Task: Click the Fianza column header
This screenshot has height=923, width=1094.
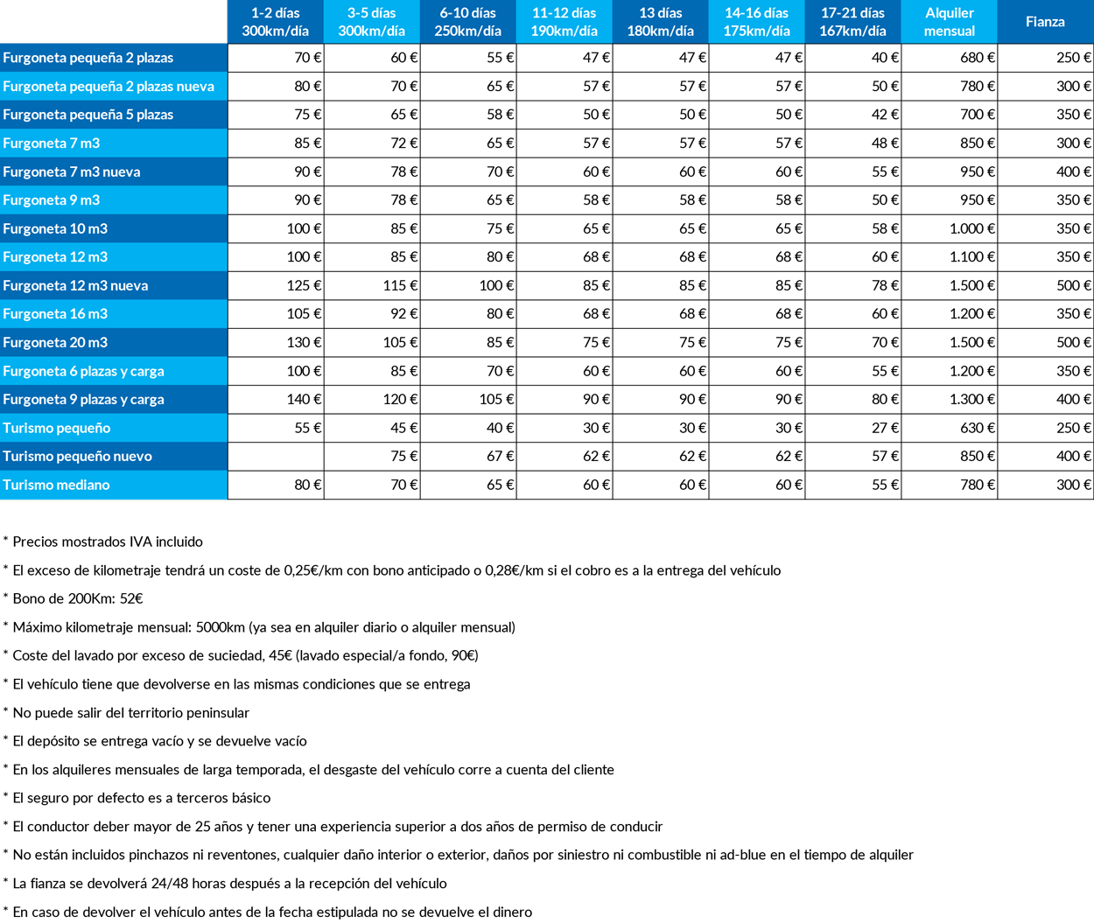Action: click(1045, 22)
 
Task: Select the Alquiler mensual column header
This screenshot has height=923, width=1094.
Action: click(949, 22)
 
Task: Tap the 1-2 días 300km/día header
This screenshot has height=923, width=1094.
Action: click(276, 22)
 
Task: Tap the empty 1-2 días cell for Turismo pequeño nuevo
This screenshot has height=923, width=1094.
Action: click(276, 457)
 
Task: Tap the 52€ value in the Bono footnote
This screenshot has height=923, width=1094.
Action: click(131, 599)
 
